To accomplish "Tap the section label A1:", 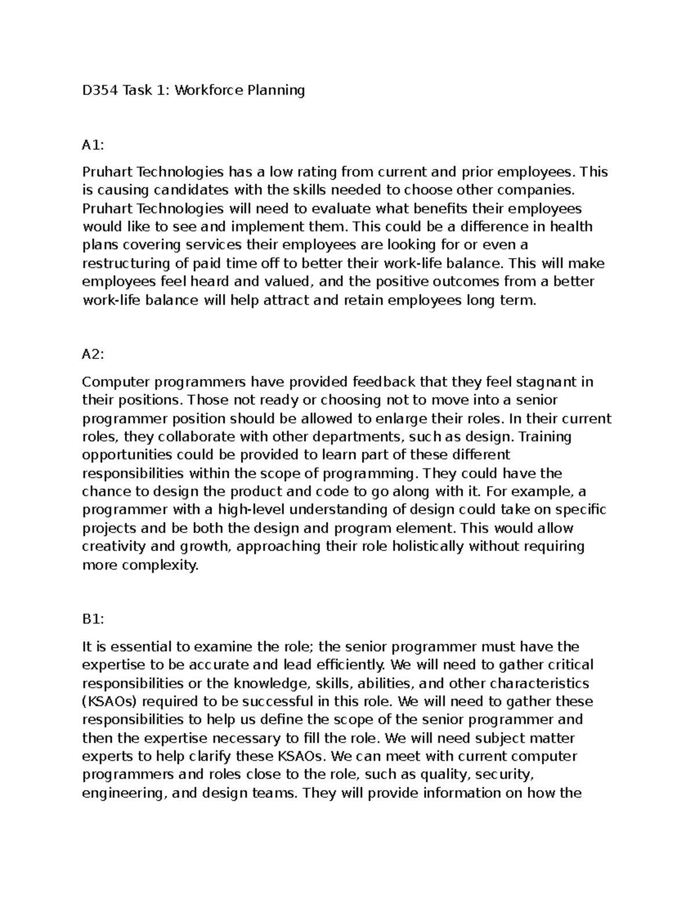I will (x=93, y=145).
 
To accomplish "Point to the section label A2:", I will (x=93, y=355).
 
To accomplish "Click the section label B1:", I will (x=93, y=619).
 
